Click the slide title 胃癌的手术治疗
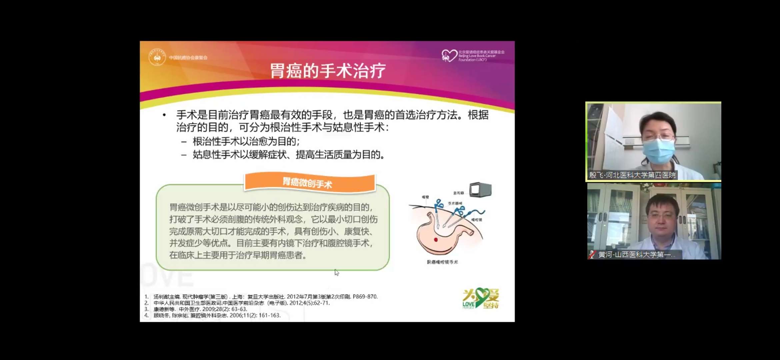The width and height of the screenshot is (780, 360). pyautogui.click(x=327, y=71)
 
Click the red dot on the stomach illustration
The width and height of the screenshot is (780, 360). pyautogui.click(x=436, y=240)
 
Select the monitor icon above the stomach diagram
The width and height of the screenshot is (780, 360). pyautogui.click(x=480, y=190)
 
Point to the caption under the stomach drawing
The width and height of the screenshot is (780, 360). pyautogui.click(x=442, y=262)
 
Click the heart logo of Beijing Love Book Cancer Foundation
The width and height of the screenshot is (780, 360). pyautogui.click(x=449, y=55)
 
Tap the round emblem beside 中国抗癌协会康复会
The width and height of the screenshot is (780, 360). pyautogui.click(x=157, y=57)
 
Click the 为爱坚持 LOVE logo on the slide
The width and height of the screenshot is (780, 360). pyautogui.click(x=480, y=298)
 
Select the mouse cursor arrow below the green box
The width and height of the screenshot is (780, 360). pyautogui.click(x=337, y=272)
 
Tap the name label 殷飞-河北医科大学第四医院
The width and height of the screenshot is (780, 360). pyautogui.click(x=632, y=175)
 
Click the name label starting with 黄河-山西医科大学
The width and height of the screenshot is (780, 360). pyautogui.click(x=636, y=255)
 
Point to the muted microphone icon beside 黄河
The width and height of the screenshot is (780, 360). pyautogui.click(x=592, y=255)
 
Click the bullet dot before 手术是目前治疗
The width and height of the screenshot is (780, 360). pyautogui.click(x=164, y=115)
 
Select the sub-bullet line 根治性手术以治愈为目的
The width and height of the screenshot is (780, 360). pyautogui.click(x=246, y=141)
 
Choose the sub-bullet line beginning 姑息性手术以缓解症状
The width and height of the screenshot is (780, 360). pyautogui.click(x=289, y=155)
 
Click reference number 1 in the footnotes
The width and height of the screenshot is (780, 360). pyautogui.click(x=146, y=297)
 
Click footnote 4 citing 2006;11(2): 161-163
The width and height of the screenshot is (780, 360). pyautogui.click(x=217, y=315)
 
